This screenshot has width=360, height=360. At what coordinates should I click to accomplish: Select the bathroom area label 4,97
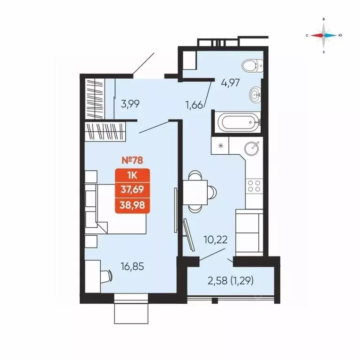click(230, 83)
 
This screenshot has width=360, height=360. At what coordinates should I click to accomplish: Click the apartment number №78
click(132, 160)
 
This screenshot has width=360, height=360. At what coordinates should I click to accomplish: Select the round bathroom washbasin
click(255, 95)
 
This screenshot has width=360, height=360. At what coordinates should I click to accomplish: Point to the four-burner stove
click(255, 186)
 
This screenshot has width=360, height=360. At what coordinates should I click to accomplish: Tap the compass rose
click(324, 36)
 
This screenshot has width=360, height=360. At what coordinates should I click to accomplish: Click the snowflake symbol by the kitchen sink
click(221, 145)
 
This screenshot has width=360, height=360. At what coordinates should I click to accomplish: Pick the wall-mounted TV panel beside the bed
click(176, 210)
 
